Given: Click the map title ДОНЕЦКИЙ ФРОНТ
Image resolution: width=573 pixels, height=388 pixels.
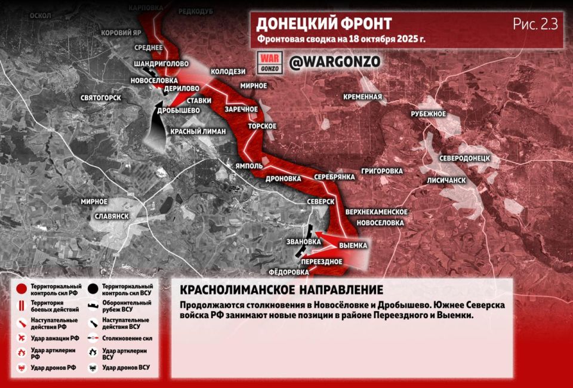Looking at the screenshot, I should [324, 24].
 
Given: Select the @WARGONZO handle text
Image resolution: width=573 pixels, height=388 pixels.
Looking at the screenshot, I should [334, 61].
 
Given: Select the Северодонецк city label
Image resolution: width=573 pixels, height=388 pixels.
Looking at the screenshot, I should [464, 159].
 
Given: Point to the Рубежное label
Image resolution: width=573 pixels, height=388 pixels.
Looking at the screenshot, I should [429, 114].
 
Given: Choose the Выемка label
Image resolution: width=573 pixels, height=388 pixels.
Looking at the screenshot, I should [353, 245].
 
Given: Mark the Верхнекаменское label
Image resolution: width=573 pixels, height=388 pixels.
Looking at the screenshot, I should [376, 212].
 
